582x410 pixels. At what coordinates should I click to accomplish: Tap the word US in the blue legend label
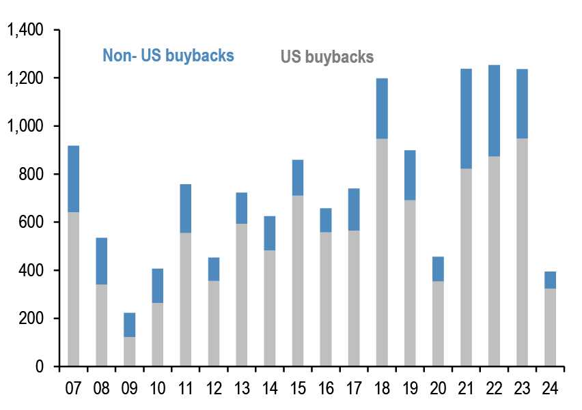[150, 55]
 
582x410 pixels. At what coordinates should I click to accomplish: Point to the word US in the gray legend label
[291, 57]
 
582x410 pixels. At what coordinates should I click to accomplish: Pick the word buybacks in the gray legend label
[339, 57]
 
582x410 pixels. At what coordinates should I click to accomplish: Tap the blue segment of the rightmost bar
[550, 280]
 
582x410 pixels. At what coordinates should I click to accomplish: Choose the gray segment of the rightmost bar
[550, 327]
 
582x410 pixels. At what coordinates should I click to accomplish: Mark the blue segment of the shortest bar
[130, 325]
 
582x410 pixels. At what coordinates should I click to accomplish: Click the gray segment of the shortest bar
[130, 351]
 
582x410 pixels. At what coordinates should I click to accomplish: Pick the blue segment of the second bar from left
[101, 261]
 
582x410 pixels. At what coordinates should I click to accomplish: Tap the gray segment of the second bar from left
[101, 325]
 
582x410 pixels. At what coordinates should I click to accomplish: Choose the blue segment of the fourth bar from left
[157, 285]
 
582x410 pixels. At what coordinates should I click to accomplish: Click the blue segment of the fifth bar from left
[185, 208]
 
